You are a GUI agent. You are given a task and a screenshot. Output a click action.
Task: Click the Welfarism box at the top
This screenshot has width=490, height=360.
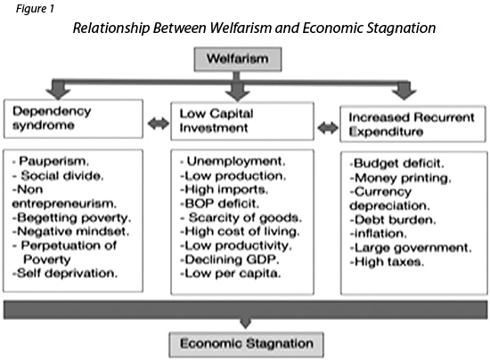[x=238, y=60]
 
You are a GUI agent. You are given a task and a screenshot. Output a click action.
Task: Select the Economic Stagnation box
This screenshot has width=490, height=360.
[x=246, y=345]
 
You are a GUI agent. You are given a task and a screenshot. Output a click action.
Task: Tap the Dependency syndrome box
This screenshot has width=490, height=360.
[x=73, y=119]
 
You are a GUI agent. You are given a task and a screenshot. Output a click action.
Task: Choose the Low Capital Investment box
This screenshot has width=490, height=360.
[x=242, y=121]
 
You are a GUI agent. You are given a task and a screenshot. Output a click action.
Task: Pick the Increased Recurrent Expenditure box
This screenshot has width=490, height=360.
[x=412, y=124]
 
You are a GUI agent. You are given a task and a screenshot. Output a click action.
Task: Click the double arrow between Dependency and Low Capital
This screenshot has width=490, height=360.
[x=158, y=124]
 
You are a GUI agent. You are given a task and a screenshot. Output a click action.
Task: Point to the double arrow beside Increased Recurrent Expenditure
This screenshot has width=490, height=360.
[x=328, y=127]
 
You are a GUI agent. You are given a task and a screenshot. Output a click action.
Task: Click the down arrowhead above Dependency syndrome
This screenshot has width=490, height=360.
[x=58, y=91]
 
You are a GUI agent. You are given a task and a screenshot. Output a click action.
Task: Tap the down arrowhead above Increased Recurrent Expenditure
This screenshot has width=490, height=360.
[x=404, y=91]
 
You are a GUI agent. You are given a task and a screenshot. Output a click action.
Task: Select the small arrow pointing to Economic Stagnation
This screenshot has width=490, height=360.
[x=246, y=323]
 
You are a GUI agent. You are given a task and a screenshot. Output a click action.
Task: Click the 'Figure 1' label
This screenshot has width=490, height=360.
[x=35, y=8]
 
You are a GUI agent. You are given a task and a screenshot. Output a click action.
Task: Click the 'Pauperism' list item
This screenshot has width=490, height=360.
[x=51, y=161]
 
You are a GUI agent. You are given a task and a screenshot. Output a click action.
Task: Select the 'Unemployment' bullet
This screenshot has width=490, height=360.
[x=233, y=161]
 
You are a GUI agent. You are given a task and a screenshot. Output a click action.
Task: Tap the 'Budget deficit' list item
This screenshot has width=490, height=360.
[x=396, y=163]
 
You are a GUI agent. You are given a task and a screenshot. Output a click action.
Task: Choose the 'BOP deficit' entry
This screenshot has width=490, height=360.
[x=220, y=204]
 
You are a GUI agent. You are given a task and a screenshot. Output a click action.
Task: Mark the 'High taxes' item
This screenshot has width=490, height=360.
[x=387, y=262]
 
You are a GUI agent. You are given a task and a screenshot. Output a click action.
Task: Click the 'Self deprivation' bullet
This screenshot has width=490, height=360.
[x=65, y=274]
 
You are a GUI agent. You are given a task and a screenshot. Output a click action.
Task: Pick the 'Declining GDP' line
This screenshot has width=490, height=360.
[x=230, y=259]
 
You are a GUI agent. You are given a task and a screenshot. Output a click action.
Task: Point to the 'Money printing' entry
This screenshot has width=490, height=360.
[x=400, y=178]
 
